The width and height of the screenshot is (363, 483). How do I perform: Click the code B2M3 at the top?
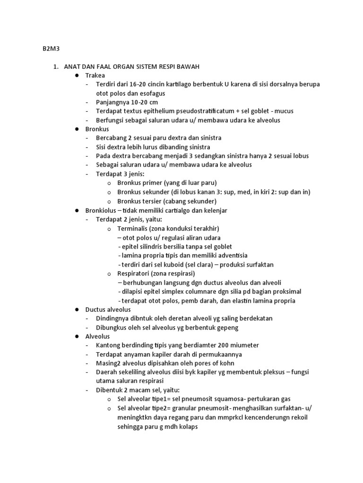pos(46,48)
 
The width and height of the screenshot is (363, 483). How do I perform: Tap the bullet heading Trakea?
pos(95,75)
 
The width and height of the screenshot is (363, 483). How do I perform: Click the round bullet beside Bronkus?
pos(76,129)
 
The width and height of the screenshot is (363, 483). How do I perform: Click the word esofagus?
pos(150,93)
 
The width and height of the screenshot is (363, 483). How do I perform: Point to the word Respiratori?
pos(135,274)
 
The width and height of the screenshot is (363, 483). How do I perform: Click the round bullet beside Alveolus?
pos(76,336)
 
